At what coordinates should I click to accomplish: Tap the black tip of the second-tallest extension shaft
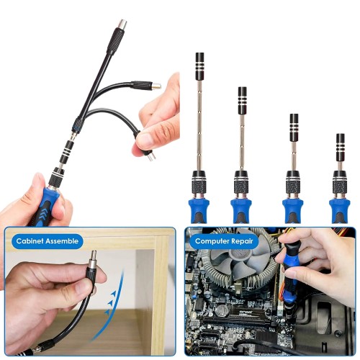(x=243, y=96)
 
